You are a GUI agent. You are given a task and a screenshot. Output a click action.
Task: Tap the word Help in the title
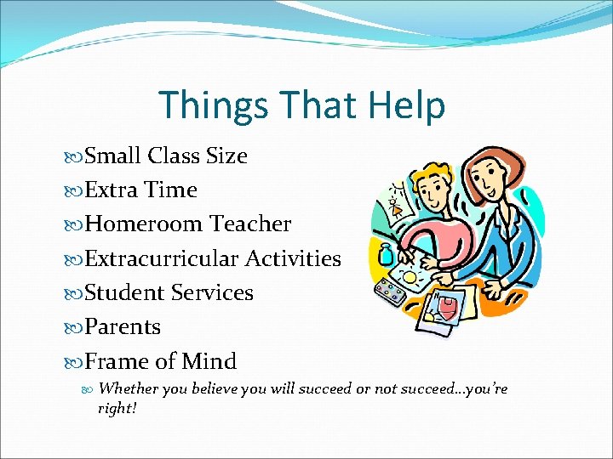point(407,105)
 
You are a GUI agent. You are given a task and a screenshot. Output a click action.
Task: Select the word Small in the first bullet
point(114,156)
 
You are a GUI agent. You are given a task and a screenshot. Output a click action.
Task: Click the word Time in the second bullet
point(173,190)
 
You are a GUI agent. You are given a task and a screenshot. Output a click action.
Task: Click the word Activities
point(293,258)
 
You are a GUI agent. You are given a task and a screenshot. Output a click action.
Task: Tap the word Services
point(212,292)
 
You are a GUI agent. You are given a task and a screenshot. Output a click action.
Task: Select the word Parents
point(123,326)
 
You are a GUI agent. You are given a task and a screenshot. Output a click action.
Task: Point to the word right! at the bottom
point(117,408)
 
